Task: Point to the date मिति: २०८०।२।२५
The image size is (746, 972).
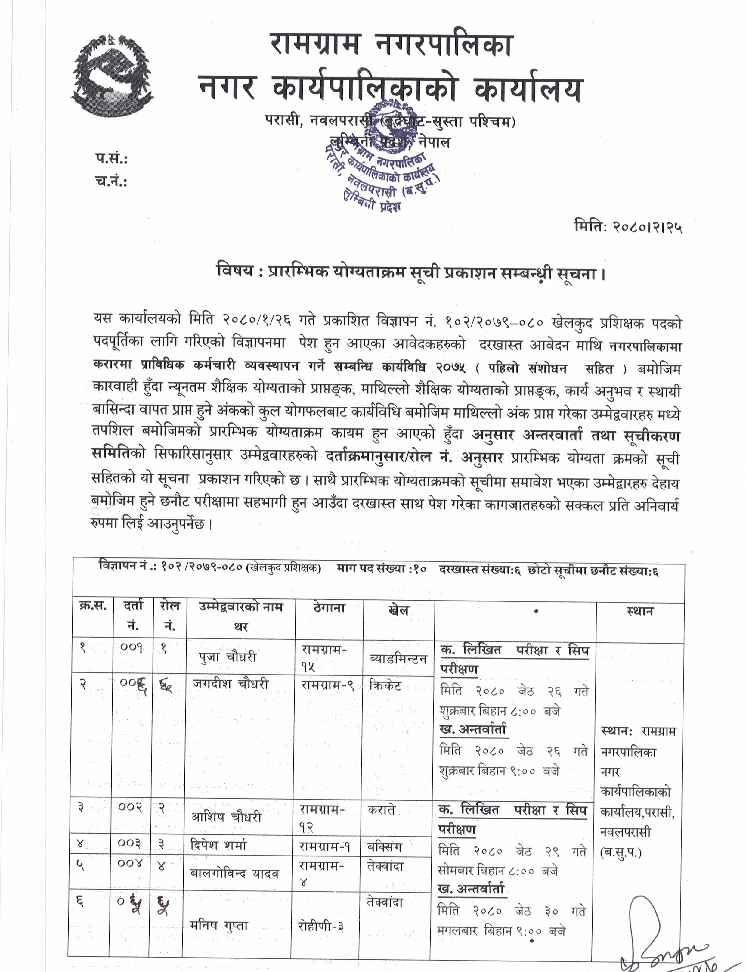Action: click(x=627, y=227)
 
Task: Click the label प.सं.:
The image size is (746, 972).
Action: click(x=111, y=159)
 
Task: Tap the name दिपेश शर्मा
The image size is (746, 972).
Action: click(x=218, y=845)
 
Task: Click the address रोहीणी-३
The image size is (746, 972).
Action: click(x=320, y=926)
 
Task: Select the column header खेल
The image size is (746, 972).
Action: click(x=398, y=611)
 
